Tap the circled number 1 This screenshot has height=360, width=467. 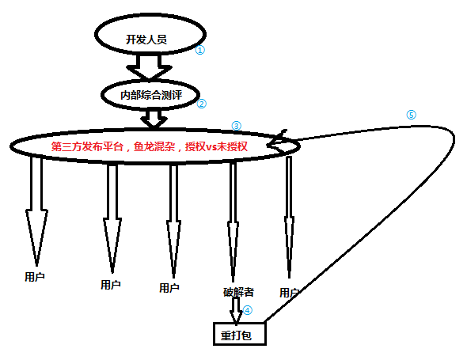tap(199, 50)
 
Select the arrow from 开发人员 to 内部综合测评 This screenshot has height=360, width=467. tap(150, 67)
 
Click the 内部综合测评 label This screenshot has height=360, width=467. tap(151, 95)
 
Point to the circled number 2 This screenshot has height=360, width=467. tap(202, 104)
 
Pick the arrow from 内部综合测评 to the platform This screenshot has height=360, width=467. tap(154, 119)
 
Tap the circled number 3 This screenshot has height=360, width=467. tap(236, 126)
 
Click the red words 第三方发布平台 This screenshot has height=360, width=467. tap(87, 146)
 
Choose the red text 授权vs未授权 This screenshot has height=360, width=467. tap(216, 146)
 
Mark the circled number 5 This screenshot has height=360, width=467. tap(411, 115)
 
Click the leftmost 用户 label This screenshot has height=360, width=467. tap(35, 277)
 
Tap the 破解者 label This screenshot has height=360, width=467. tap(238, 292)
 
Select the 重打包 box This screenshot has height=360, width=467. tap(240, 334)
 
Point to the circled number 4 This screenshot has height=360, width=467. tap(248, 310)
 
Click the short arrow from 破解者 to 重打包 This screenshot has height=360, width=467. tap(236, 310)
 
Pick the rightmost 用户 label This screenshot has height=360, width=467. tap(289, 293)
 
